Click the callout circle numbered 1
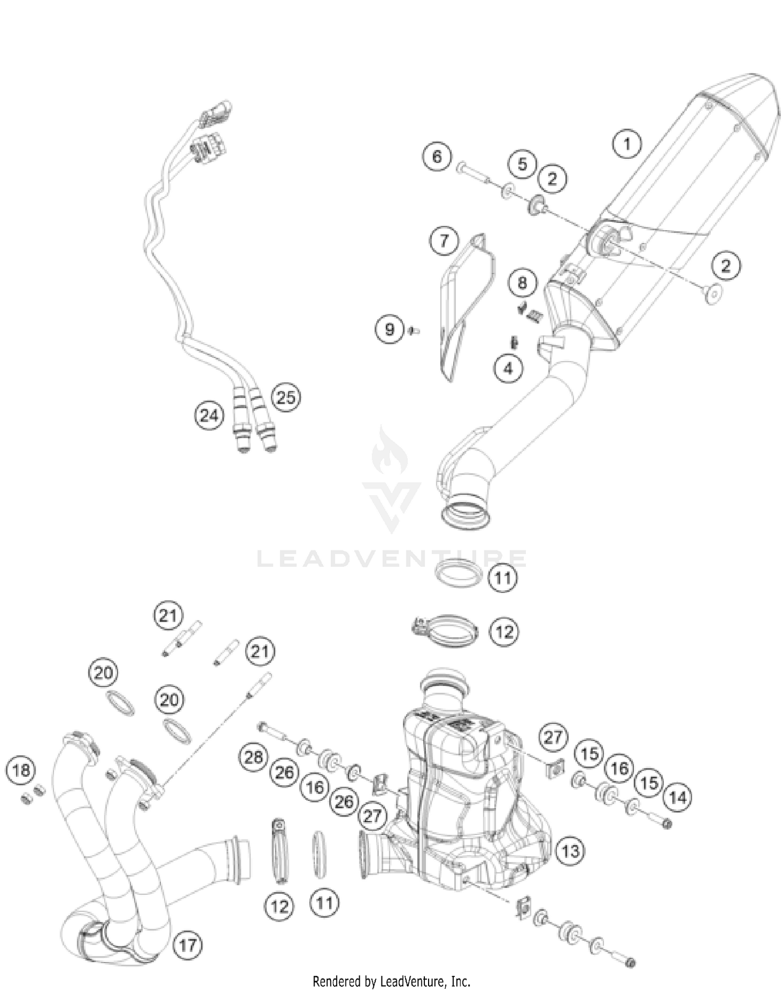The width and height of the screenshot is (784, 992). click(627, 143)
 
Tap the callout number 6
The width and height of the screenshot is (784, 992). click(437, 156)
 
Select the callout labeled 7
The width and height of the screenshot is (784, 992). click(444, 241)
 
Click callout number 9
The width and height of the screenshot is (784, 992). click(389, 330)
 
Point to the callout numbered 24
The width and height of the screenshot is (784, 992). click(209, 416)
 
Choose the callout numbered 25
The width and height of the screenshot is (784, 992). click(286, 398)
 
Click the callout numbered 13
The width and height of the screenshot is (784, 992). click(570, 851)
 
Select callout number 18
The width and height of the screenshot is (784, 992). click(21, 771)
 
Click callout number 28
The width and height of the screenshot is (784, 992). click(253, 757)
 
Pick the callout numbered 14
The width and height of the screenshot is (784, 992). click(677, 798)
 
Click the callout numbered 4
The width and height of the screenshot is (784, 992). click(508, 368)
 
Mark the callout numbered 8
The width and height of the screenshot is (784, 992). click(522, 283)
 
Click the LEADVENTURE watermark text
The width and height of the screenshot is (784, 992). click(392, 559)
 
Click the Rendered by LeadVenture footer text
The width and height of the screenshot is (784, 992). click(391, 981)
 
